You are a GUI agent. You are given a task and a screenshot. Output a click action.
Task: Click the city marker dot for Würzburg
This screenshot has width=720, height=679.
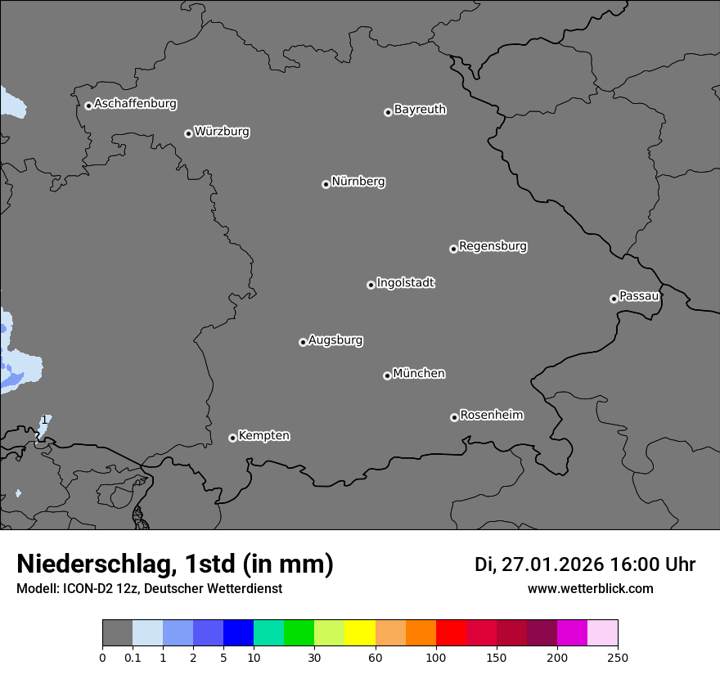pyautogui.click(x=188, y=133)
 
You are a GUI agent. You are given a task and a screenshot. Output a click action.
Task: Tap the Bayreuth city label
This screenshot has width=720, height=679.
pyautogui.click(x=420, y=110)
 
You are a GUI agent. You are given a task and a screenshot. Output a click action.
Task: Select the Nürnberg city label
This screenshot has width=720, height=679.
pyautogui.click(x=358, y=182)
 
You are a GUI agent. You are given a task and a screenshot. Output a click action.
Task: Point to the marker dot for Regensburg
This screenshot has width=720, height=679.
pyautogui.click(x=453, y=249)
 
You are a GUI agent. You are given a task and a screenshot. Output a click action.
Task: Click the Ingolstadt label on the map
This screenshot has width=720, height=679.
pyautogui.click(x=405, y=283)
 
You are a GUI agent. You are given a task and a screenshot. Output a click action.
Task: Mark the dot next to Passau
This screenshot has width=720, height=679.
pyautogui.click(x=614, y=299)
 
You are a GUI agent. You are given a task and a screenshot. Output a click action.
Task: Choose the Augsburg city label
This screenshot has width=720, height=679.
pyautogui.click(x=335, y=340)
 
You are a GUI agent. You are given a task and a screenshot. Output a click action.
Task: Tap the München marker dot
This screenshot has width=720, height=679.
pyautogui.click(x=387, y=375)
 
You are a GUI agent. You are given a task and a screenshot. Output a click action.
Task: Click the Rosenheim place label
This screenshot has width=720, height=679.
pyautogui.click(x=491, y=416)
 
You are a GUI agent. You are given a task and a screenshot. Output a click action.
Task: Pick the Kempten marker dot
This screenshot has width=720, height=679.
pyautogui.click(x=232, y=438)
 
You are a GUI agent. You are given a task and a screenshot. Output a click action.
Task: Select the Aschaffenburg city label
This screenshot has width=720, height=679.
pyautogui.click(x=135, y=104)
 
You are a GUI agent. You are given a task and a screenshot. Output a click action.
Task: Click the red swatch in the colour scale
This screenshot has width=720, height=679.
pyautogui.click(x=452, y=633)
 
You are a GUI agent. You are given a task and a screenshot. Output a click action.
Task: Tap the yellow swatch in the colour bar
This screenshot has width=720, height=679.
pyautogui.click(x=360, y=633)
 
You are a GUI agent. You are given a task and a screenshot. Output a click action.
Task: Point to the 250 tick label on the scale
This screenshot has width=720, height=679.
pyautogui.click(x=618, y=657)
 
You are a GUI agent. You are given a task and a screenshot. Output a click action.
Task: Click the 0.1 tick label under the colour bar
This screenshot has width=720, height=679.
pyautogui.click(x=133, y=657)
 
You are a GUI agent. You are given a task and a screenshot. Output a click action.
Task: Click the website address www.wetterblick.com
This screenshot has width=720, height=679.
pyautogui.click(x=590, y=589)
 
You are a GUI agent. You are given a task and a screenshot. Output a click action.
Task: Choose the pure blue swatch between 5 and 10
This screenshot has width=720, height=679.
pyautogui.click(x=238, y=633)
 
